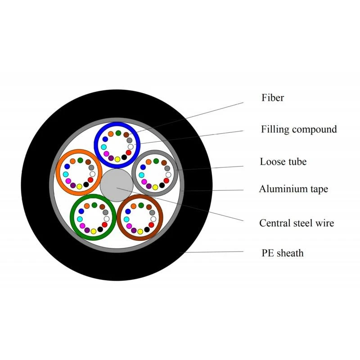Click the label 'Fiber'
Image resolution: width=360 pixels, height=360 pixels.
pos(273,98)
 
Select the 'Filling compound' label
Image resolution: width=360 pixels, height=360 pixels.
pos(299,130)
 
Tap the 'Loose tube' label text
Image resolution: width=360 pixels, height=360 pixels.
pos(283,162)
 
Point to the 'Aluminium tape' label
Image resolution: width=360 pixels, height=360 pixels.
pos(293,189)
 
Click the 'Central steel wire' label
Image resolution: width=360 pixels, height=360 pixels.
pos(297,223)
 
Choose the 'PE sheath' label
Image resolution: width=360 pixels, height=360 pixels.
pos(283,253)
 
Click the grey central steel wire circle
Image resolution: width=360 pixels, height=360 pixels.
pos(117,185)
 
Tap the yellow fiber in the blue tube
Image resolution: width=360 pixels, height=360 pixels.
pos(117,159)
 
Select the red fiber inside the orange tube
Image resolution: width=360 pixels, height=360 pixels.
pos(90,180)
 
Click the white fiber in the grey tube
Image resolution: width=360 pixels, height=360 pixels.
pos(168,175)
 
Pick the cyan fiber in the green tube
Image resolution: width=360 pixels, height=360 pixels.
pos(80,219)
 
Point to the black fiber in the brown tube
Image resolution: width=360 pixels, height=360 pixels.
pos(147,229)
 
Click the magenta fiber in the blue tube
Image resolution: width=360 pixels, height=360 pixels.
pos(106,153)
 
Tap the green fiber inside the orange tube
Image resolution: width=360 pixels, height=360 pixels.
pos(80,160)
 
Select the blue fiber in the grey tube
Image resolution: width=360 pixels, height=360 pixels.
pos(143,167)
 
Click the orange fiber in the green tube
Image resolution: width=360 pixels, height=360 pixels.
pos(87,206)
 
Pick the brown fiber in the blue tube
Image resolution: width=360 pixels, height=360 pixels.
pos(126,135)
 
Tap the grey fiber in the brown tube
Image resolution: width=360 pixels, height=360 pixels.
pos(152,212)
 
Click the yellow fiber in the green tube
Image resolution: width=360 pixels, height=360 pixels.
pos(94,231)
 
